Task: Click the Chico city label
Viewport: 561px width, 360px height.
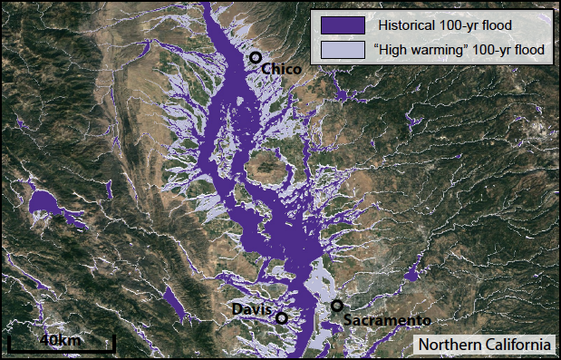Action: (x=281, y=69)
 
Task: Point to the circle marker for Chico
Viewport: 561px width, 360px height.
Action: (x=256, y=58)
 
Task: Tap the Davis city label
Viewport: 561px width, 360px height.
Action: (x=251, y=309)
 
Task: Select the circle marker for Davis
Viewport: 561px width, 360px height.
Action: (x=282, y=318)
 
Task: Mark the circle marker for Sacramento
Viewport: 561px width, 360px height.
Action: (x=337, y=306)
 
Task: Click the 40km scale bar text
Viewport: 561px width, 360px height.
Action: (x=61, y=339)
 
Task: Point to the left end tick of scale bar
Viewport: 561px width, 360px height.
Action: (x=9, y=343)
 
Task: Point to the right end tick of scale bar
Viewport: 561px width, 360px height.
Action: (x=114, y=343)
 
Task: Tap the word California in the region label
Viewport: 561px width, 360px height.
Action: (x=517, y=345)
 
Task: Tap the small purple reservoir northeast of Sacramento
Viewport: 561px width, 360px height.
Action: (x=413, y=273)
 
